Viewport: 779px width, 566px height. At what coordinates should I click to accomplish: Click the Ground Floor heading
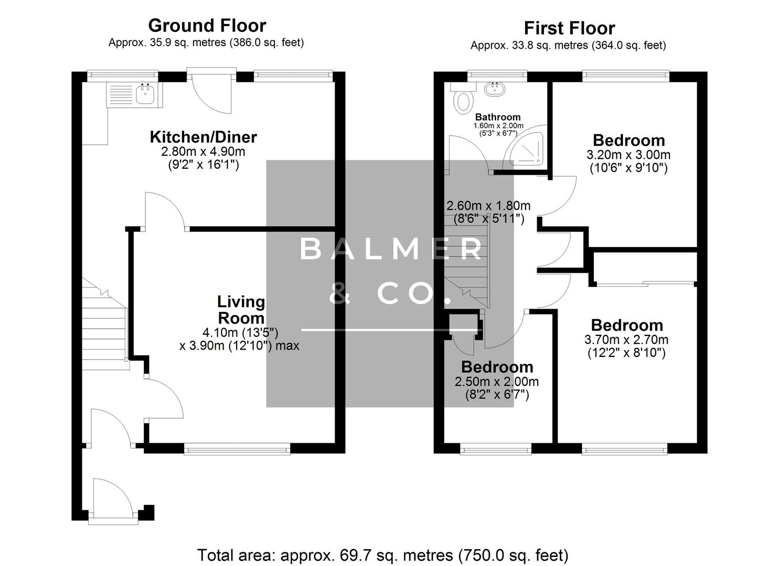pyautogui.click(x=207, y=25)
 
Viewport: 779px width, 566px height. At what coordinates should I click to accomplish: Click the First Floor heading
pyautogui.click(x=569, y=28)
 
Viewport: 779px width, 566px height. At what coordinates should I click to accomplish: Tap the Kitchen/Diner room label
pyautogui.click(x=203, y=137)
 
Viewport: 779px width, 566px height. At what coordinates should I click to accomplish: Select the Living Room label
pyautogui.click(x=241, y=310)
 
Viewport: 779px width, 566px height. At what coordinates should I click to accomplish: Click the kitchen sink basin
pyautogui.click(x=145, y=94)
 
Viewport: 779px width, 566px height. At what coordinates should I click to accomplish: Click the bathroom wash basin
pyautogui.click(x=494, y=89)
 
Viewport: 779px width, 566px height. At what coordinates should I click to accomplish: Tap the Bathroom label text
pyautogui.click(x=498, y=117)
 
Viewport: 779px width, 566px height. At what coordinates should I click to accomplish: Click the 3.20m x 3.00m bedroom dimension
pyautogui.click(x=628, y=155)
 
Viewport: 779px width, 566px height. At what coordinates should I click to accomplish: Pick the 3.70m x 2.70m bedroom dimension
pyautogui.click(x=626, y=340)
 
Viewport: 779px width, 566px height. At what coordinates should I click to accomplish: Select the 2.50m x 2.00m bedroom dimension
pyautogui.click(x=496, y=382)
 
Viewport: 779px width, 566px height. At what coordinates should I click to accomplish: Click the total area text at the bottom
pyautogui.click(x=382, y=554)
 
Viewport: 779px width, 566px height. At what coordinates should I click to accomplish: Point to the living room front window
pyautogui.click(x=237, y=448)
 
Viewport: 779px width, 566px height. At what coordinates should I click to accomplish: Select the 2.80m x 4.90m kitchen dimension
pyautogui.click(x=203, y=152)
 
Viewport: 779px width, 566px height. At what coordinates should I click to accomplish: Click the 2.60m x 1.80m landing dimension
pyautogui.click(x=487, y=205)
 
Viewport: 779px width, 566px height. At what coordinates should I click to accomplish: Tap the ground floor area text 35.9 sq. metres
pyautogui.click(x=206, y=42)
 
